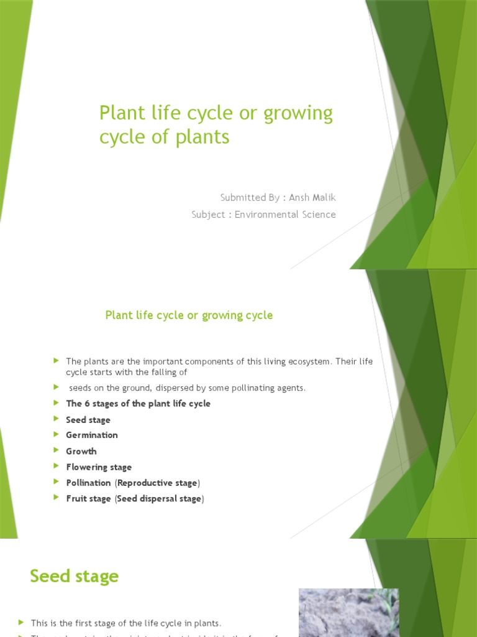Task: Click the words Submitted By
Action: pyautogui.click(x=250, y=198)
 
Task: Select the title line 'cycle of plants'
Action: pyautogui.click(x=164, y=137)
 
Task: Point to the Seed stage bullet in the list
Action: pyautogui.click(x=88, y=420)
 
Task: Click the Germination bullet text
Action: pyautogui.click(x=92, y=435)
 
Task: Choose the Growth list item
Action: pyautogui.click(x=81, y=451)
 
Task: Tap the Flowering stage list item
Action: pyautogui.click(x=99, y=467)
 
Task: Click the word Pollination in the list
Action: pyautogui.click(x=88, y=483)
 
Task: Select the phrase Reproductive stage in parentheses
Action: pyautogui.click(x=157, y=483)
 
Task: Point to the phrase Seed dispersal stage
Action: pyautogui.click(x=159, y=499)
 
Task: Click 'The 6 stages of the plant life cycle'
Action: pyautogui.click(x=138, y=404)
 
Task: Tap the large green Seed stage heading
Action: pyautogui.click(x=74, y=576)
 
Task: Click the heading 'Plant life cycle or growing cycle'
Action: pyautogui.click(x=189, y=315)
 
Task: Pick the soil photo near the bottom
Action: pyautogui.click(x=348, y=613)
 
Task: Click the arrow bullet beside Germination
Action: pyautogui.click(x=56, y=435)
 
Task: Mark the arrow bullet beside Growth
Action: pyautogui.click(x=56, y=450)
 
